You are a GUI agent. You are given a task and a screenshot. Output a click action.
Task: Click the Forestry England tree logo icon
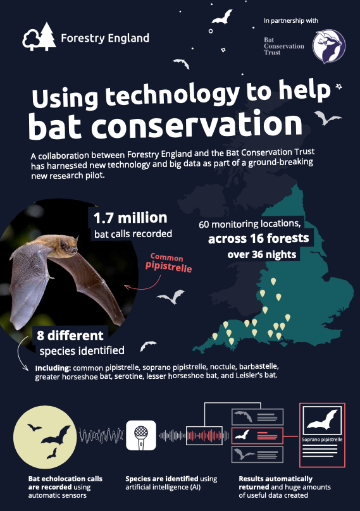[x=37, y=38]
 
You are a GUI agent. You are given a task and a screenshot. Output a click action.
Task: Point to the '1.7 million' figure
[x=130, y=218]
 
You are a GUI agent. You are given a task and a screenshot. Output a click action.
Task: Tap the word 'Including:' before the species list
[x=53, y=367]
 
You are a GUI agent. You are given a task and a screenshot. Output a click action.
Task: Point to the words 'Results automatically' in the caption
[x=275, y=479]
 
